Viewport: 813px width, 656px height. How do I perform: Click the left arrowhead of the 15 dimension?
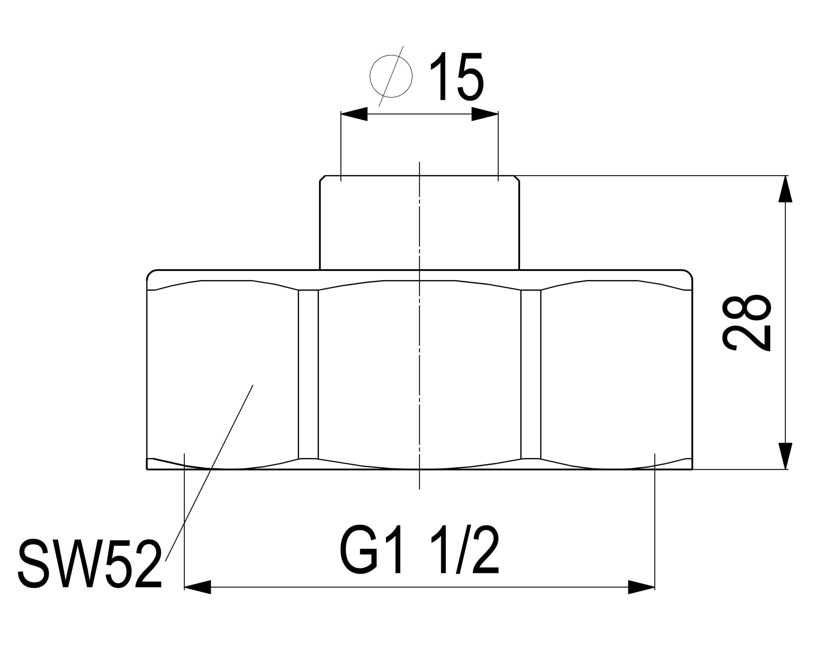[354, 114]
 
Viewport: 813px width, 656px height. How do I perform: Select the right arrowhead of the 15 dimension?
[485, 114]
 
